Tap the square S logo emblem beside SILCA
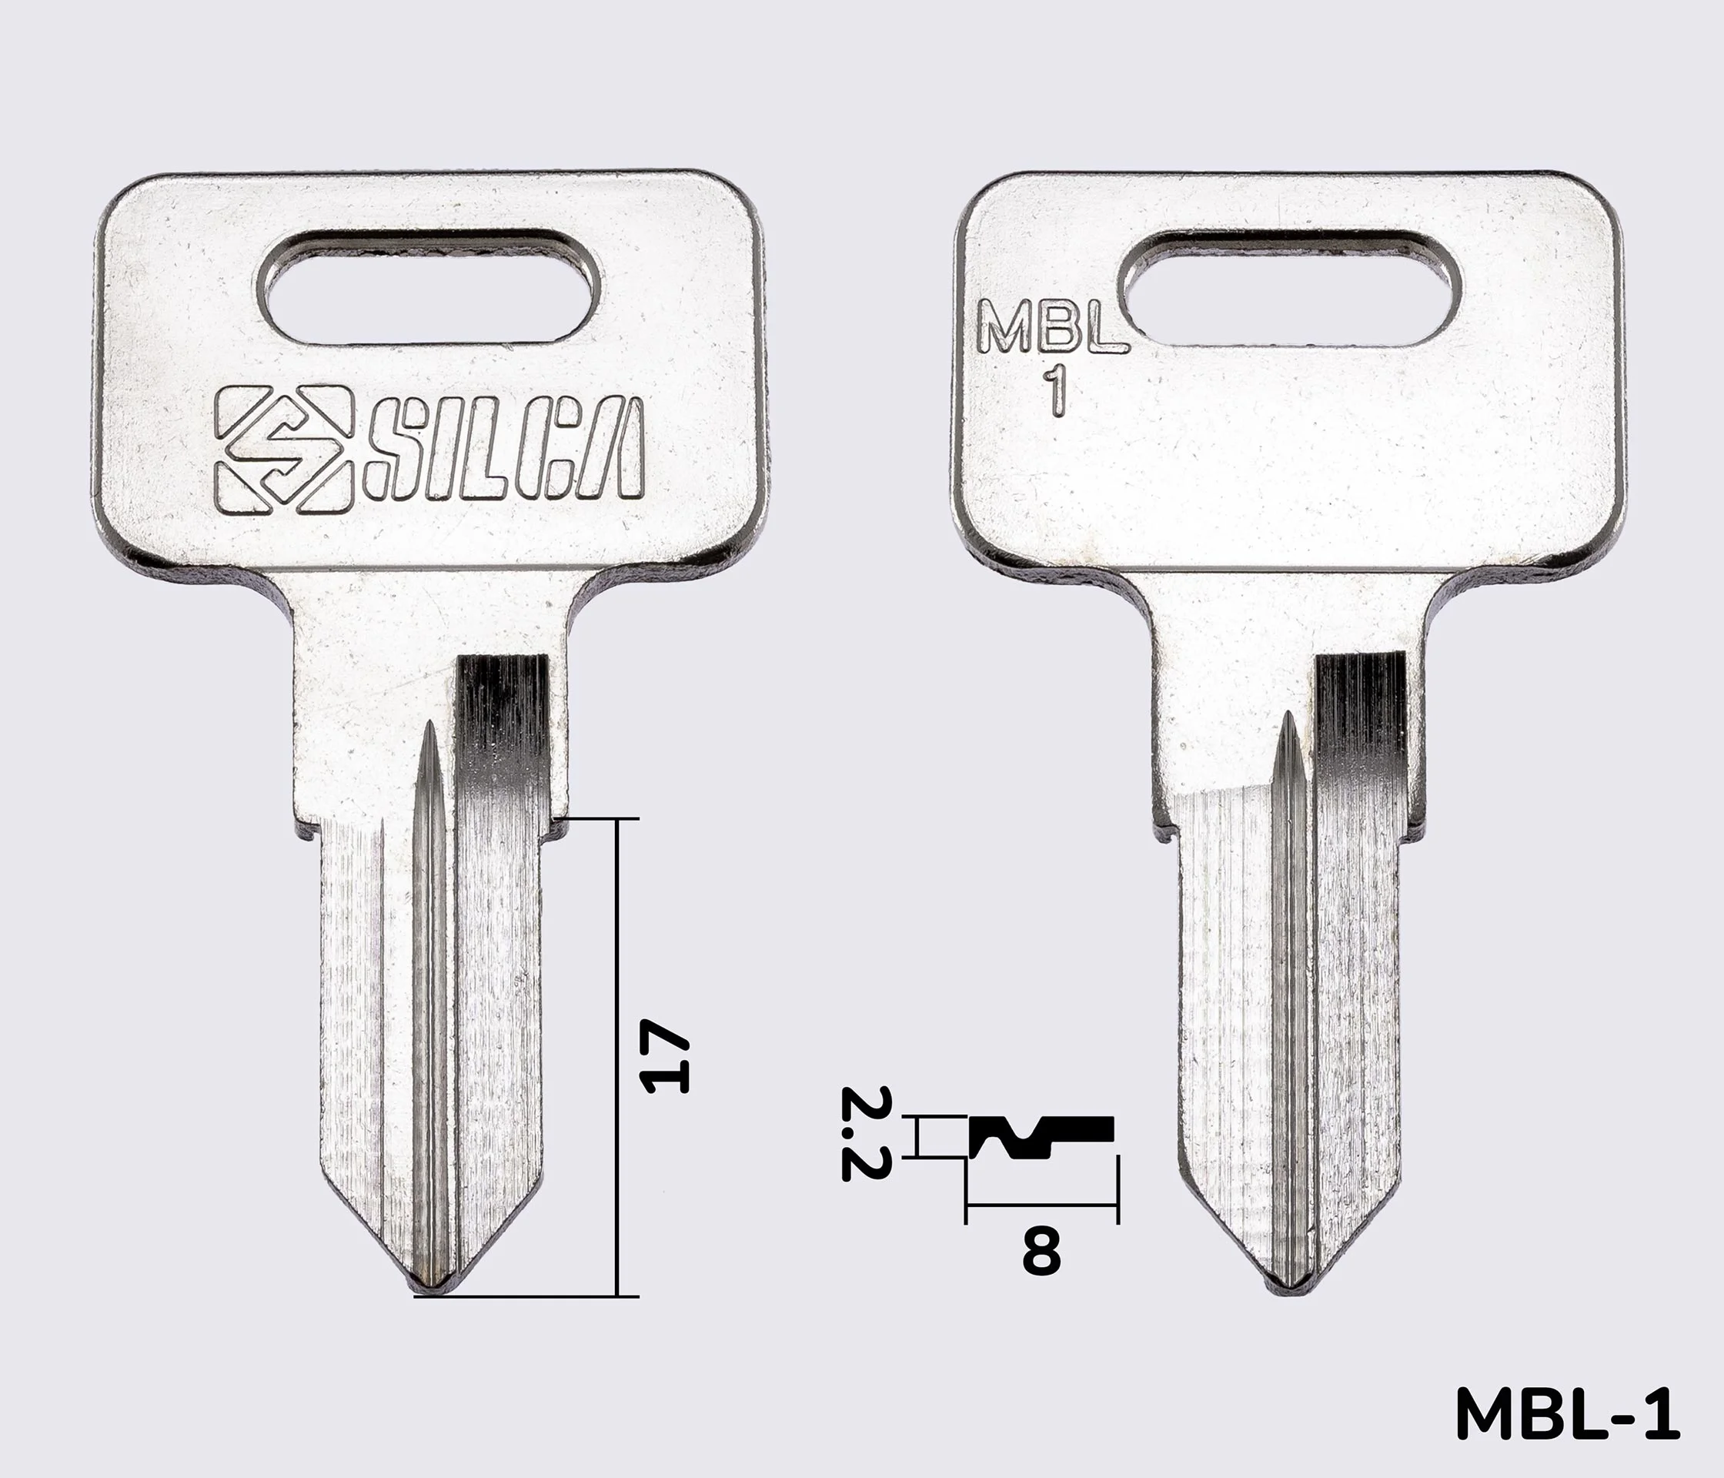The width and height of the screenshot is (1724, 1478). point(279,450)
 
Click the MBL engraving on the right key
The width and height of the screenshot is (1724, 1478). point(1053,326)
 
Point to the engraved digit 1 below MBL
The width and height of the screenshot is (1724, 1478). point(1056,390)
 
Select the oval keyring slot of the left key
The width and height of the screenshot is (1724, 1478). point(429,286)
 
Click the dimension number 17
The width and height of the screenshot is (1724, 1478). point(663,1056)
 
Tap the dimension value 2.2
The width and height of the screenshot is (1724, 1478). point(866,1133)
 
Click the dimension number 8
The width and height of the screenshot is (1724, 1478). point(1041,1252)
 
